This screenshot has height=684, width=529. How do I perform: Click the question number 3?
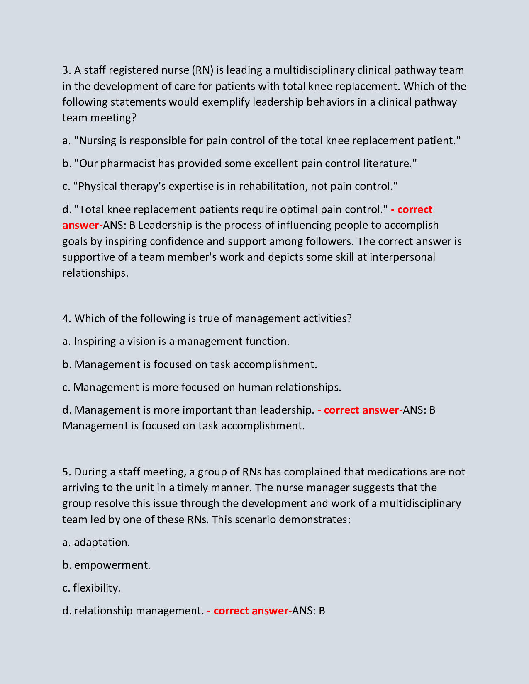coord(66,70)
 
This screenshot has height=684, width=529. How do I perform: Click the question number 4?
coord(66,319)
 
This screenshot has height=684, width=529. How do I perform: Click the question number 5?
coord(66,472)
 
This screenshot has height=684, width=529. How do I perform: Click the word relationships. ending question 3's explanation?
coord(95,273)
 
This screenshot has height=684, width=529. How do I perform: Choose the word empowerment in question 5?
coord(112,565)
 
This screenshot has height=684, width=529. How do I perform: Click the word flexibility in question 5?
coord(97,588)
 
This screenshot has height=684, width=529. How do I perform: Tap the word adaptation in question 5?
coord(102,543)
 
